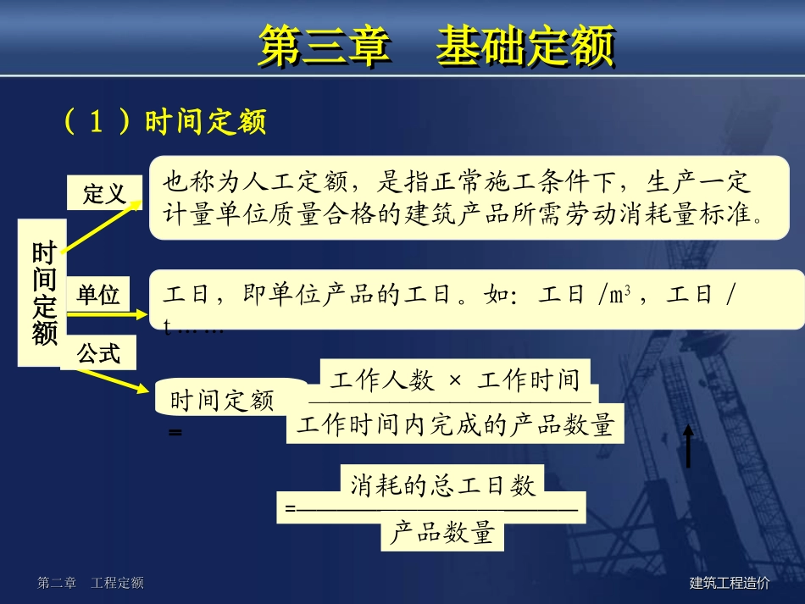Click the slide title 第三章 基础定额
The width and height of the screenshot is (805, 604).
point(436,46)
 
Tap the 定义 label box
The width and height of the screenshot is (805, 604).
point(104,195)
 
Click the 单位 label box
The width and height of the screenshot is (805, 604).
point(98,295)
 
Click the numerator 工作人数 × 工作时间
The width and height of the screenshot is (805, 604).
point(455,380)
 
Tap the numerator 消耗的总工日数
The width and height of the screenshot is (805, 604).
point(442,485)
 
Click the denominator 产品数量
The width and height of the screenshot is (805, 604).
point(441,534)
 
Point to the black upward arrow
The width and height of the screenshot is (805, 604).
point(688,446)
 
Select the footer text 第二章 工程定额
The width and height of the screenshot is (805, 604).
point(91,583)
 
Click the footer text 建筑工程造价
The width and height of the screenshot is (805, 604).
point(730,583)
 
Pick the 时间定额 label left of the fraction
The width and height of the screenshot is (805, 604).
point(222,401)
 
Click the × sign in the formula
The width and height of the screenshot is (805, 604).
point(455,380)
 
